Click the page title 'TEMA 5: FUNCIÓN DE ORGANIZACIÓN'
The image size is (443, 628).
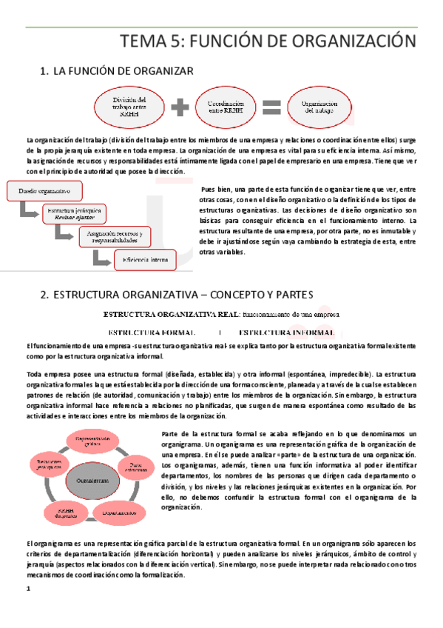point(268,41)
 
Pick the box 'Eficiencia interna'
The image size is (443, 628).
point(146,258)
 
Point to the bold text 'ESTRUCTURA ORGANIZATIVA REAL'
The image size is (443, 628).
point(170,314)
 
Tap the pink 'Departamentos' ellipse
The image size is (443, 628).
point(118,512)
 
